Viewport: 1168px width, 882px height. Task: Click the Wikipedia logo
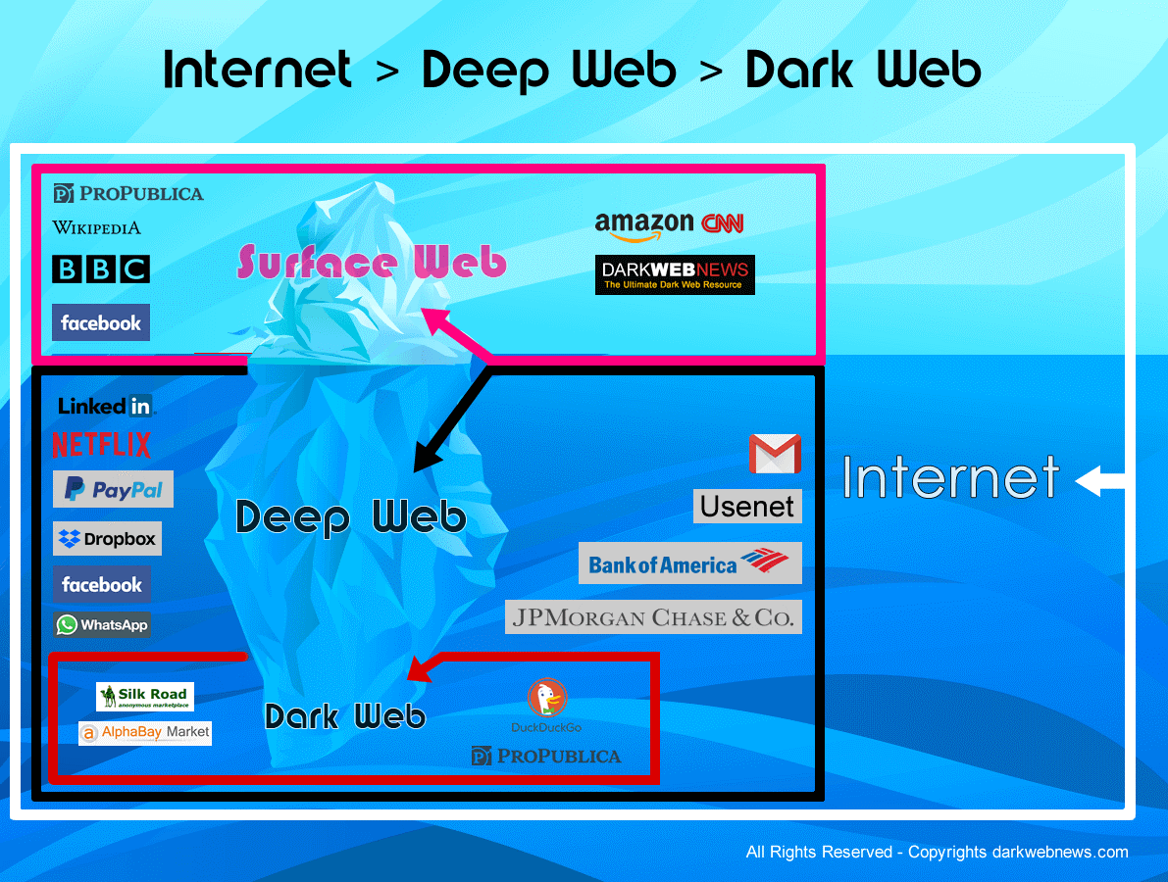point(96,227)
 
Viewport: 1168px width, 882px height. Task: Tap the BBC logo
point(100,269)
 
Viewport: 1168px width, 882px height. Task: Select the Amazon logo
point(643,225)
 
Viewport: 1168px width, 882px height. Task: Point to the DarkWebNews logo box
point(675,274)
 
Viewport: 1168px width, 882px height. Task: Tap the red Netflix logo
point(101,445)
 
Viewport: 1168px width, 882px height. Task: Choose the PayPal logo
point(113,489)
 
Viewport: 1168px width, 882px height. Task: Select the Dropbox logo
point(107,539)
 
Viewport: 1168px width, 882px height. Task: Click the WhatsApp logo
point(102,625)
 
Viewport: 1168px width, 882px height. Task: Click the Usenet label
point(747,507)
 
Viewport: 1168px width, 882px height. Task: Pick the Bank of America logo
point(689,563)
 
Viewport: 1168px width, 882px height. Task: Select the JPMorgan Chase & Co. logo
point(653,617)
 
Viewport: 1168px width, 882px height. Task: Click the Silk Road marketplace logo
point(145,697)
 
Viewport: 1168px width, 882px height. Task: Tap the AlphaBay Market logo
point(144,732)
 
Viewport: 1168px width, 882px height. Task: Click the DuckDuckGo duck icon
point(546,699)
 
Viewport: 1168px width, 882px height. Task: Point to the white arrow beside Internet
point(1100,482)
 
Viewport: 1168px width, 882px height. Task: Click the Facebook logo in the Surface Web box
point(101,322)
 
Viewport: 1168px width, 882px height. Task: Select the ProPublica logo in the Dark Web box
point(546,756)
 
